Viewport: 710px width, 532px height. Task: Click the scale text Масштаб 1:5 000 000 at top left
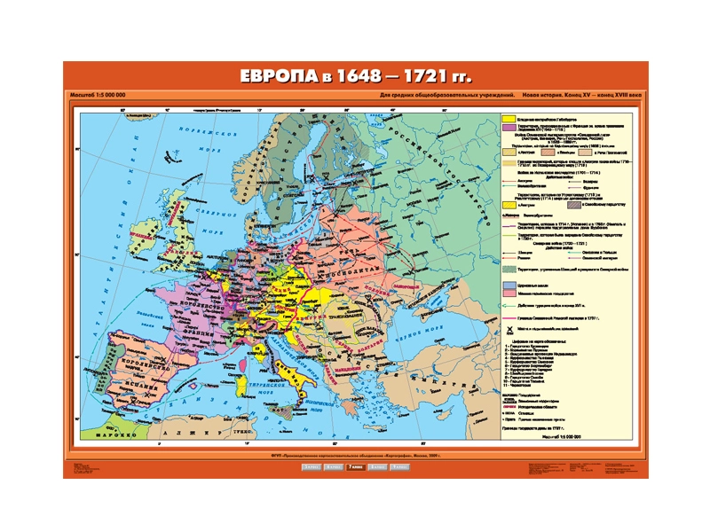tap(97, 95)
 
